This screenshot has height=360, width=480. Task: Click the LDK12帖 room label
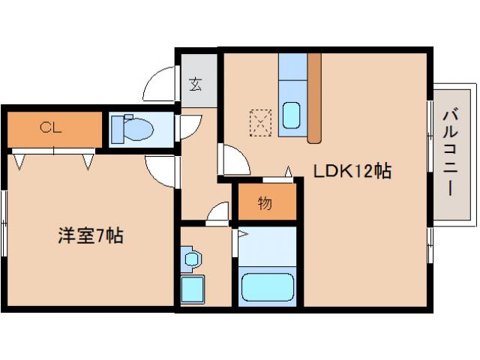(352, 171)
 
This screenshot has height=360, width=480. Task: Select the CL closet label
(51, 127)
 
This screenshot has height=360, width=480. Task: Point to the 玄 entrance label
(196, 84)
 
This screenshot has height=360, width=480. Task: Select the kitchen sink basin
(292, 115)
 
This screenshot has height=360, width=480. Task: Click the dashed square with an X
(260, 122)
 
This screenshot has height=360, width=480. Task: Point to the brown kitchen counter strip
(314, 97)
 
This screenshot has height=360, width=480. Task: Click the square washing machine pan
(193, 289)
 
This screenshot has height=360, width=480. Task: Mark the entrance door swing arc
(159, 84)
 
